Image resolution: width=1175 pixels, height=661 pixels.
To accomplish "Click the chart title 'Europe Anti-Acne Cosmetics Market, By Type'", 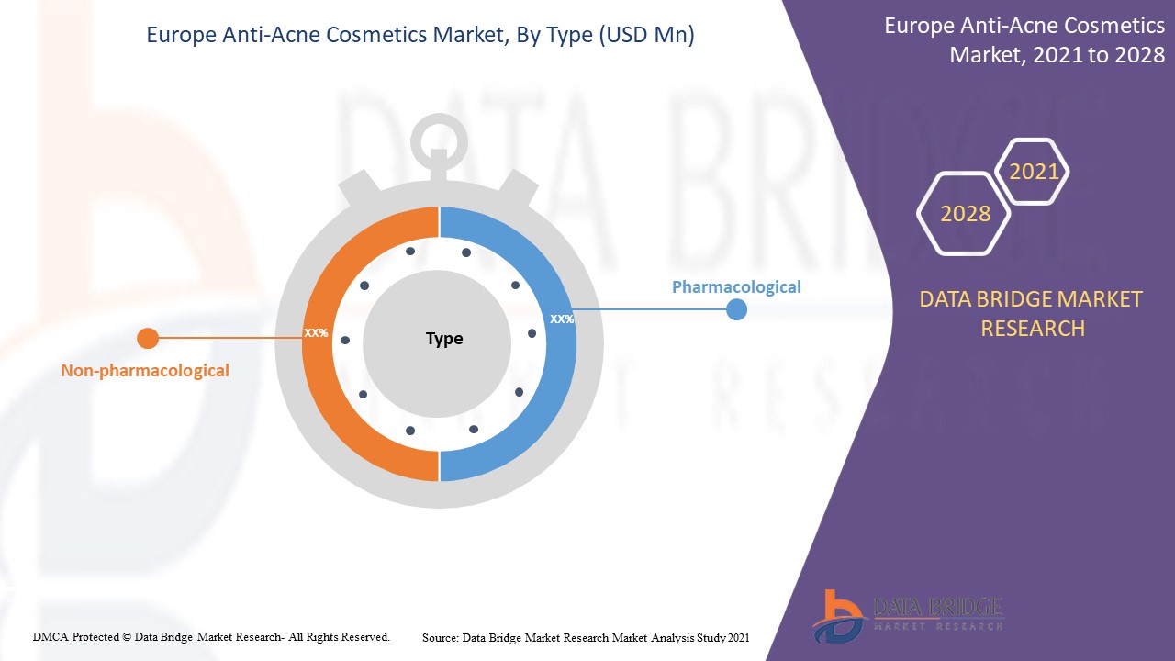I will [x=420, y=36].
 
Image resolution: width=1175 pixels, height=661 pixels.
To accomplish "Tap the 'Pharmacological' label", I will [x=736, y=286].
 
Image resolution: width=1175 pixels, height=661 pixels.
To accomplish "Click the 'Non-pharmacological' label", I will [x=145, y=371].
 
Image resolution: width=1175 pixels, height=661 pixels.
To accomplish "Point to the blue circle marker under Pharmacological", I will [x=736, y=310].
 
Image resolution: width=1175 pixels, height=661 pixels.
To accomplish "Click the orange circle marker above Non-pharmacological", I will [x=147, y=339].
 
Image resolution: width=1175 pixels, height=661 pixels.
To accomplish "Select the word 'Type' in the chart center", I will [x=444, y=339].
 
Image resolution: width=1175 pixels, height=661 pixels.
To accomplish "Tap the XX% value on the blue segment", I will [x=562, y=319].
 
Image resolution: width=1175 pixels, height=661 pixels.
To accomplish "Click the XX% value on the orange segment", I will [x=316, y=332].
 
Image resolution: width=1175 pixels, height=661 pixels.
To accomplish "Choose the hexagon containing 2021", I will [x=1034, y=172].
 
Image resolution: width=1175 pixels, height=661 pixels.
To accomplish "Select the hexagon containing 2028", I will [x=965, y=214].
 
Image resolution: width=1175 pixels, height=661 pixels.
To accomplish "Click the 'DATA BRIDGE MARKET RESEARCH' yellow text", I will [x=1031, y=313].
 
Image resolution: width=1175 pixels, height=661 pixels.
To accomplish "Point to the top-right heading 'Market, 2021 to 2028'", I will [x=1056, y=55].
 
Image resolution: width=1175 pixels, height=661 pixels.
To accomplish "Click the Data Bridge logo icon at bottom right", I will [x=837, y=615].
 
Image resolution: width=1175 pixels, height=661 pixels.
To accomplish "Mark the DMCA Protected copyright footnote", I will [x=211, y=636].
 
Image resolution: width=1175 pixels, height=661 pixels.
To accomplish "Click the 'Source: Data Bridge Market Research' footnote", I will [x=586, y=637].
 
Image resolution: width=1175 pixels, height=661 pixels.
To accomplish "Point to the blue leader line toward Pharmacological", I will [x=652, y=309].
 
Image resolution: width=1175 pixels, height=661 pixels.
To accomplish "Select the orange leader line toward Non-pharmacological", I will [x=229, y=339].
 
